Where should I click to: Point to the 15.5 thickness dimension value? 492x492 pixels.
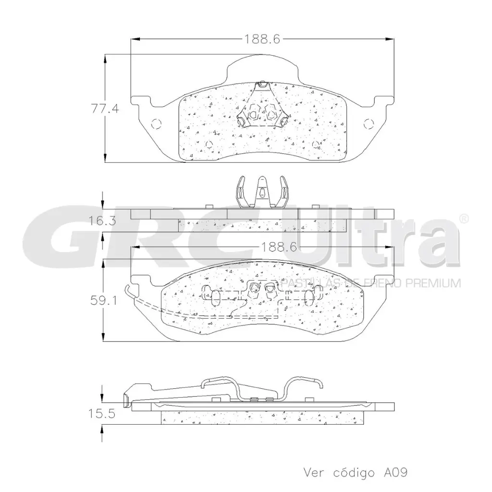(102, 414)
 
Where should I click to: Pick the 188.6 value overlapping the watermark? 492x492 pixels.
(278, 247)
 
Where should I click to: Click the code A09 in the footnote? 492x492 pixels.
(395, 472)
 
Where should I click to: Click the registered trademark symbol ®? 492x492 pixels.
(464, 218)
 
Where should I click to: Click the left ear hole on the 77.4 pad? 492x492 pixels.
(155, 123)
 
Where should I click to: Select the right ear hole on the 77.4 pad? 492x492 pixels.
(369, 123)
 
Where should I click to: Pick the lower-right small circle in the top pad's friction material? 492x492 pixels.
(316, 144)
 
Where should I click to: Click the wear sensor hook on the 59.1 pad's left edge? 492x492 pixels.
(128, 291)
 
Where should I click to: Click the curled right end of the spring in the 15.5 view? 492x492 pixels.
(319, 384)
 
